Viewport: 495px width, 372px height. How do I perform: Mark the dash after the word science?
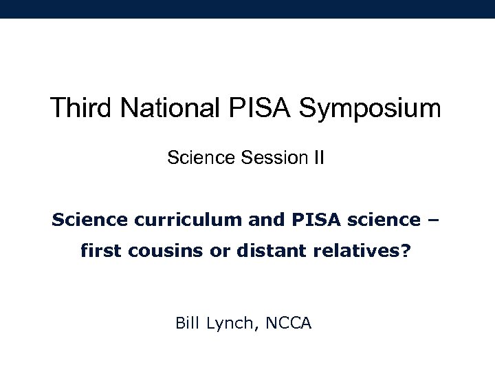click(x=436, y=220)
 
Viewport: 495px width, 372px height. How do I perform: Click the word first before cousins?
click(x=98, y=253)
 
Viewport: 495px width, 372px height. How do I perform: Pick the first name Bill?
click(x=189, y=321)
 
